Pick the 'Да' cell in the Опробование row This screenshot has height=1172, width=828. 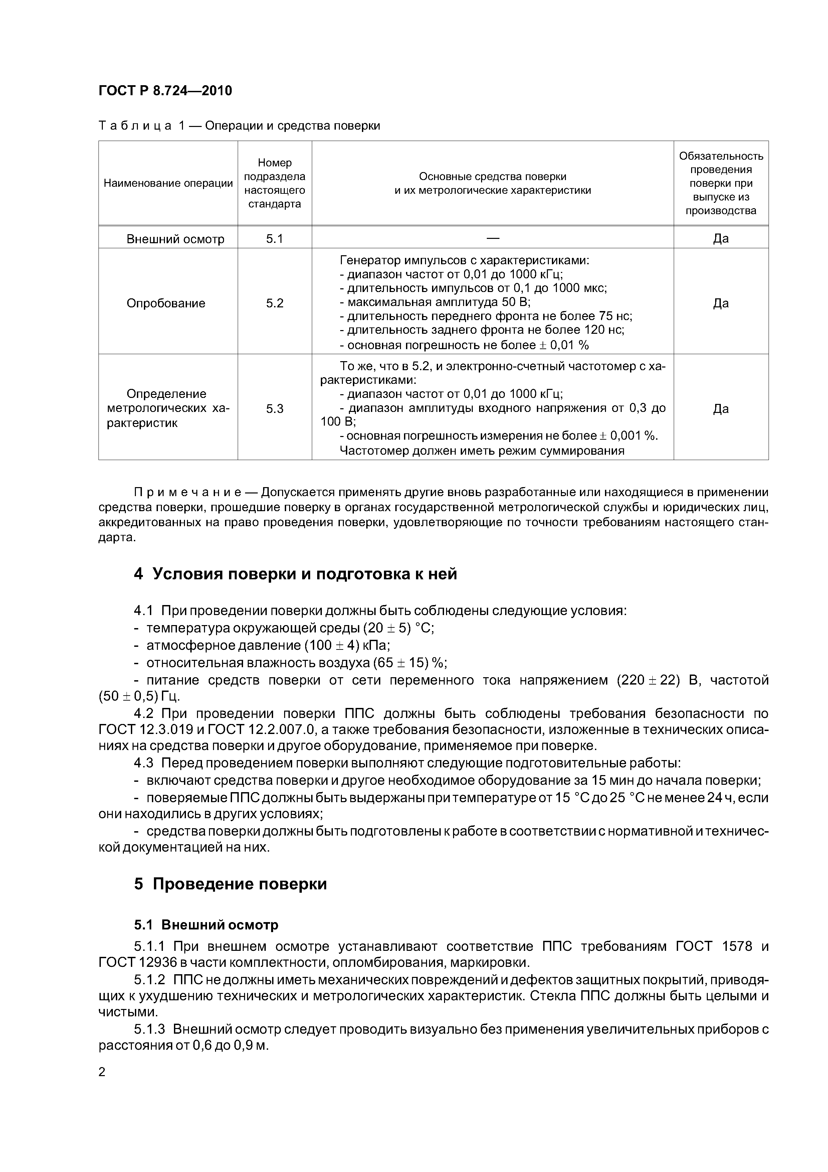pos(720,303)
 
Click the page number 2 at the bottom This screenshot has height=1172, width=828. pos(102,1072)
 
